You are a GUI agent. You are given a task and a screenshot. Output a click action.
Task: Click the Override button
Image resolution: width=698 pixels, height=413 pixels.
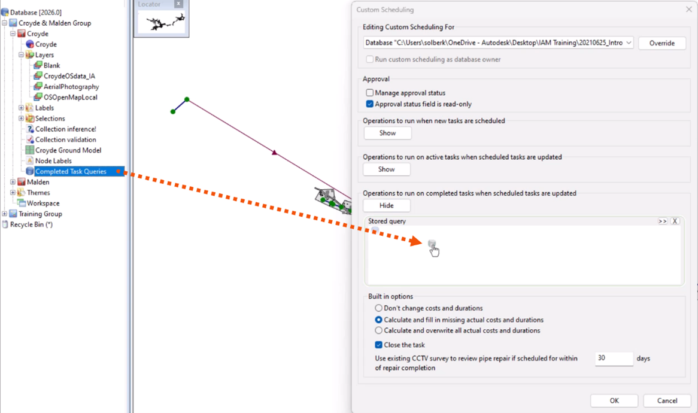click(661, 43)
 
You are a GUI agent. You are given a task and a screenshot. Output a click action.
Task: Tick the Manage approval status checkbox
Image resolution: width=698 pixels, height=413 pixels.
click(370, 93)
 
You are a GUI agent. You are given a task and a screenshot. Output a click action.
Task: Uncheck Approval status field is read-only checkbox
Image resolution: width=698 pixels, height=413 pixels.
click(370, 104)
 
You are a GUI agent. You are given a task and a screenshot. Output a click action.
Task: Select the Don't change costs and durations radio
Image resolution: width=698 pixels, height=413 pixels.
click(378, 308)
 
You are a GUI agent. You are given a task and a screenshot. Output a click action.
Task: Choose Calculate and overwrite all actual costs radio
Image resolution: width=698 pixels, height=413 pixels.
click(378, 330)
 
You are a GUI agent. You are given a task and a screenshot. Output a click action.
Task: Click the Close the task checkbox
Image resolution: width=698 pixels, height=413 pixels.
click(378, 345)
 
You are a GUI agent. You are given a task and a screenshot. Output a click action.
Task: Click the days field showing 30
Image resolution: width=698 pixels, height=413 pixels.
click(614, 359)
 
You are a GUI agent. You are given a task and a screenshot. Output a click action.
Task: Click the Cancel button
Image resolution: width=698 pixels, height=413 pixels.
click(667, 400)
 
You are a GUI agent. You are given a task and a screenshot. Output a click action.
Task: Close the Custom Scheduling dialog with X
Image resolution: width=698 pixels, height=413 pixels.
click(688, 10)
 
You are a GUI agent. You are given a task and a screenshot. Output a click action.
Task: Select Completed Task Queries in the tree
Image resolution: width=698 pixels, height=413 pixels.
click(70, 171)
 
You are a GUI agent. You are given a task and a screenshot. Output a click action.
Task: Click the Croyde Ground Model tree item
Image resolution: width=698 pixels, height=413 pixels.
click(68, 150)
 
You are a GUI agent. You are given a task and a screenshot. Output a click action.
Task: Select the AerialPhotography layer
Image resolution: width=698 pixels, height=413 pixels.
click(71, 87)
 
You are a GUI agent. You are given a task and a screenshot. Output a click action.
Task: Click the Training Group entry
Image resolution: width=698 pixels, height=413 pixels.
click(40, 214)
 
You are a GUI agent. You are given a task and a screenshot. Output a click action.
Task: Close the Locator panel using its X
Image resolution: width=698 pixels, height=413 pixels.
click(178, 4)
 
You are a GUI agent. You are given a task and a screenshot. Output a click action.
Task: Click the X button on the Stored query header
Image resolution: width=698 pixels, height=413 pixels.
click(675, 221)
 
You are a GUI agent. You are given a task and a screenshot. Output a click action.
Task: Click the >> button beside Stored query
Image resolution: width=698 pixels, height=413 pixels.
click(662, 221)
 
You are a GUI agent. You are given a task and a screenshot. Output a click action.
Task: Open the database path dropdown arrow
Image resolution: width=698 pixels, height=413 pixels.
click(629, 43)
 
